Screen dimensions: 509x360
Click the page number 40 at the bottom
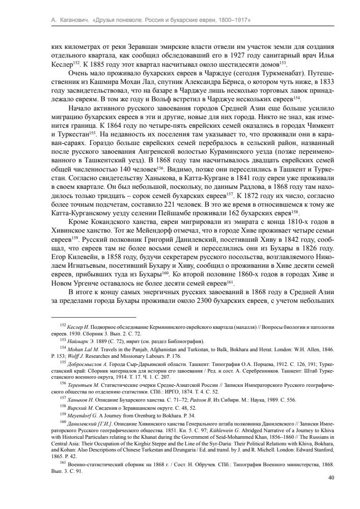(331, 477)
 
